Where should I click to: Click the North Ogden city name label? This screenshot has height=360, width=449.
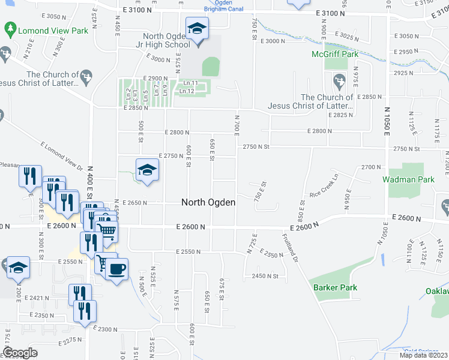208,203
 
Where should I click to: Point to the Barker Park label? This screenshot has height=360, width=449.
335,287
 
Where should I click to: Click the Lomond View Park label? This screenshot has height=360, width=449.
53,31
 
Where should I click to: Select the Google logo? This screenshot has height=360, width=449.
20,353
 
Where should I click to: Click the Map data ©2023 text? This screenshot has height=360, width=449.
424,355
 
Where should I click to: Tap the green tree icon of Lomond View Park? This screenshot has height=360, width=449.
10,28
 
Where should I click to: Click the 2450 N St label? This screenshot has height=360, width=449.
267,276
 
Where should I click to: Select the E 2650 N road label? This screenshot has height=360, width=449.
135,203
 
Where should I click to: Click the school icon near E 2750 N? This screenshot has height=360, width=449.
146,170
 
